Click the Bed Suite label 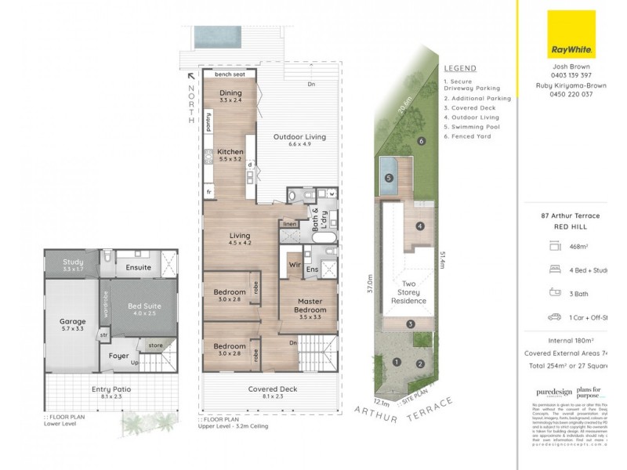[143, 309]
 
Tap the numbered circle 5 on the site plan [389, 178]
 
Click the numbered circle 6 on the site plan [421, 141]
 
